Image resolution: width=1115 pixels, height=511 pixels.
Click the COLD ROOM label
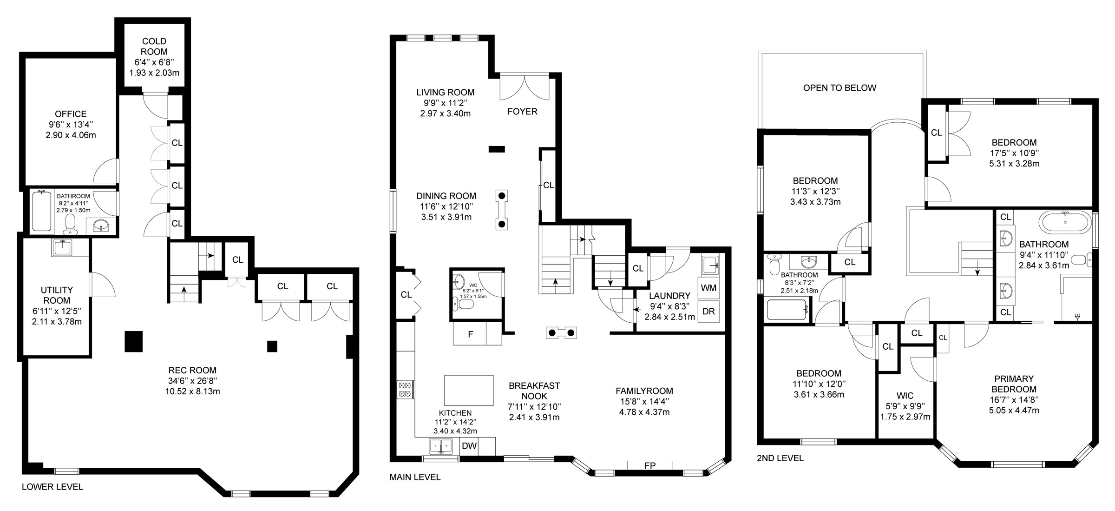coord(154,46)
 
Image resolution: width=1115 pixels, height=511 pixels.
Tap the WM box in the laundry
coord(708,288)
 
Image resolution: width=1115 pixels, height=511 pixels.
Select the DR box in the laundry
coord(708,312)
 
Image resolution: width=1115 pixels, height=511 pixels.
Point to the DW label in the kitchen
coord(469,446)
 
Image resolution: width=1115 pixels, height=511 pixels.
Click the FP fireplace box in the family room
coord(649,465)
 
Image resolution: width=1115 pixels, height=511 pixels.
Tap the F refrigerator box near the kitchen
coord(470,334)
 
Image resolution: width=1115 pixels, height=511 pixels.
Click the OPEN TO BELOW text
coord(840,88)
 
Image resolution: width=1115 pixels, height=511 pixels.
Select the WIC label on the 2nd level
coord(905,396)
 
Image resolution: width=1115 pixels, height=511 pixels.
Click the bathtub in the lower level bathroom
coord(42,212)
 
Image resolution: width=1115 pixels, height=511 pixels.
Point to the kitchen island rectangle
coord(469,391)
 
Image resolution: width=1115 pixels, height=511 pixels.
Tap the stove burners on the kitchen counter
coord(405,389)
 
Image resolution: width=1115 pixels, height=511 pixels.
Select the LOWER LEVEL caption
coord(52,487)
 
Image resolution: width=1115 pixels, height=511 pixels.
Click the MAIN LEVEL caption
coord(415,477)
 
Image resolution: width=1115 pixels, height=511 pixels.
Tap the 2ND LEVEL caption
coord(780,458)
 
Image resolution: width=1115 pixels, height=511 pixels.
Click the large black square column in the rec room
coord(134,341)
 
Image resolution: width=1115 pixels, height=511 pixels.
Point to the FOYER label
coord(522,112)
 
